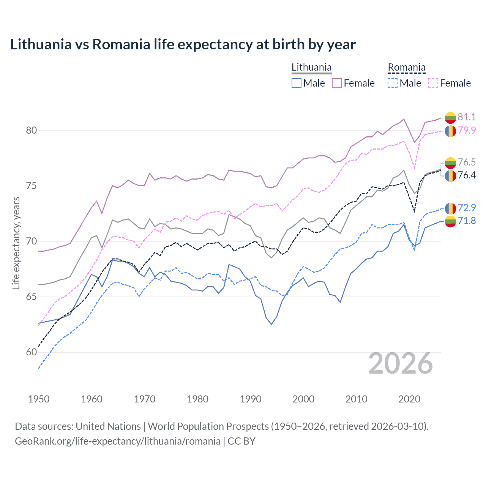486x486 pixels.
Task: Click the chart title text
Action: point(183,44)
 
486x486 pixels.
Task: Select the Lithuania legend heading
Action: point(311,67)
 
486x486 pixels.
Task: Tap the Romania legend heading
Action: point(406,67)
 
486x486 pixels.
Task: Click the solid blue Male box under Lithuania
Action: point(297,83)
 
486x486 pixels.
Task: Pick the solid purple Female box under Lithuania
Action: point(337,83)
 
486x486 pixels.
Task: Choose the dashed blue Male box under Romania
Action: point(393,83)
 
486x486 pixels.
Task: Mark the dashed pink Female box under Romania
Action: point(433,83)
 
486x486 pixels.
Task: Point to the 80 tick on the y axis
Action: point(32,130)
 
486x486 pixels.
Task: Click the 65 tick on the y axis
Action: point(32,297)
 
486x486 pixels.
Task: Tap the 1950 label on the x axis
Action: point(39,399)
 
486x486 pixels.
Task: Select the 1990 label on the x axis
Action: point(251,399)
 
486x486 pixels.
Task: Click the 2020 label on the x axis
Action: point(409,399)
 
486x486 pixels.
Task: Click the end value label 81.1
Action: point(467,117)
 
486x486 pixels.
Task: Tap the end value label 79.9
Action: point(467,130)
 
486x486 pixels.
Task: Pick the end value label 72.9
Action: point(467,208)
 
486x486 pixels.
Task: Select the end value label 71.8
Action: point(467,221)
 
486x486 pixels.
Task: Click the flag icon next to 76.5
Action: point(450,163)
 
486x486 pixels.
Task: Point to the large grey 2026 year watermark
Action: point(400,363)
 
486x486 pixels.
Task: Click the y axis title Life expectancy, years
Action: point(16,243)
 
